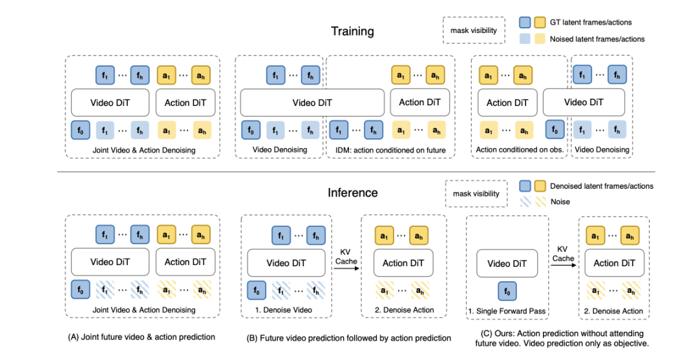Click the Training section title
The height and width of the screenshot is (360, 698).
[352, 32]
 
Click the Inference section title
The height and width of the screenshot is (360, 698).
[353, 193]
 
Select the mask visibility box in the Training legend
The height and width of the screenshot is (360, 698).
[474, 30]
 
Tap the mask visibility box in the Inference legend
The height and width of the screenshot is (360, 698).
[476, 193]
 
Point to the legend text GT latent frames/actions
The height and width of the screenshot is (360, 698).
[590, 22]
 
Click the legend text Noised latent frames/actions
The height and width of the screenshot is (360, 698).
[597, 39]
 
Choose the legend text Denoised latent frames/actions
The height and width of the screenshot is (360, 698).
[602, 186]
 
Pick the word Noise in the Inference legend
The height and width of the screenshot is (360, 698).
[560, 202]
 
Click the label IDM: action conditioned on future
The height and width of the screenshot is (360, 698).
[390, 151]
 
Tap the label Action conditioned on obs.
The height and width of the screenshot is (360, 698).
[520, 149]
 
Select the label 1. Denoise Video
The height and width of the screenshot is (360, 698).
[284, 310]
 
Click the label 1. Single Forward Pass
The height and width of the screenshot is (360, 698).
[507, 311]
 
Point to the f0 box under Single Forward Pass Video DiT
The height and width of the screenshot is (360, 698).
[507, 291]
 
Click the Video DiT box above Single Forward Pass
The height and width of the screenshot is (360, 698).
[507, 264]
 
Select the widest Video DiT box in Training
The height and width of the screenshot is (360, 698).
[312, 103]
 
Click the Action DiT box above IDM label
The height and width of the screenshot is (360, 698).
[419, 102]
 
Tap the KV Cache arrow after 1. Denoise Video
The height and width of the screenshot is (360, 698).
[346, 268]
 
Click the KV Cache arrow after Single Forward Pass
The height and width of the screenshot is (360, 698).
[563, 265]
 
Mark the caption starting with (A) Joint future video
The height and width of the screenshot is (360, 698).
[141, 337]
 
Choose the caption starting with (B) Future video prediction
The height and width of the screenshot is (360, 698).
[348, 338]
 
